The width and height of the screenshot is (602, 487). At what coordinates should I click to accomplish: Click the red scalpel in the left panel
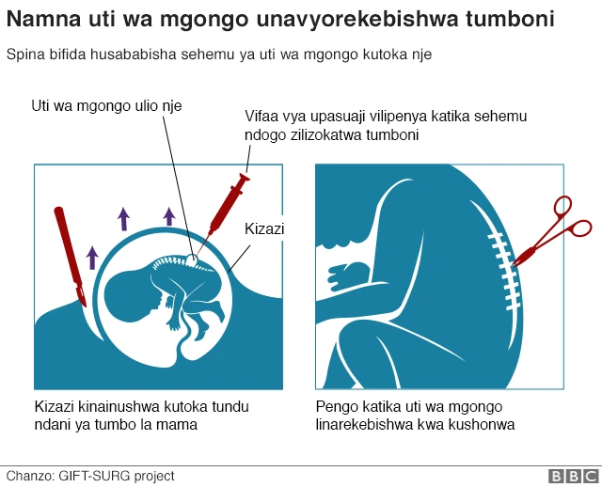(x=71, y=257)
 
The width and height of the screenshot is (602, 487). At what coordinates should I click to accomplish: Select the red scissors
(x=551, y=231)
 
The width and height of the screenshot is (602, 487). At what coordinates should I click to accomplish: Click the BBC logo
(x=575, y=476)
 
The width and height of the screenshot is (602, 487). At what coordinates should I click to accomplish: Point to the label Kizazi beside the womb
(x=264, y=229)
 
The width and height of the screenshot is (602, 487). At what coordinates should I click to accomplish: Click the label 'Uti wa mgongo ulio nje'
(x=106, y=106)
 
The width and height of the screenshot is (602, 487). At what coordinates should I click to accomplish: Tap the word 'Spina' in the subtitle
(x=25, y=55)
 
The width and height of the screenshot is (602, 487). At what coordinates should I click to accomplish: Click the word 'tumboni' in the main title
(x=510, y=19)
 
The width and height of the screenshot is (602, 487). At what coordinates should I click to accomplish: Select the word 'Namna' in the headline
(x=44, y=19)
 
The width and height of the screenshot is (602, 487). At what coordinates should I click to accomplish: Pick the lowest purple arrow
(x=92, y=258)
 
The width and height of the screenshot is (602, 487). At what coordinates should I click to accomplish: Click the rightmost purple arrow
(x=169, y=216)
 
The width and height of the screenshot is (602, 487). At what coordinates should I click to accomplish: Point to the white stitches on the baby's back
(x=504, y=271)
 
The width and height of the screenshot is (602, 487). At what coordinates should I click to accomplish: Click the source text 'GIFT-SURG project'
(x=117, y=477)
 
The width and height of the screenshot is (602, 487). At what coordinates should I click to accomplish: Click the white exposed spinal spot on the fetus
(x=192, y=260)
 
